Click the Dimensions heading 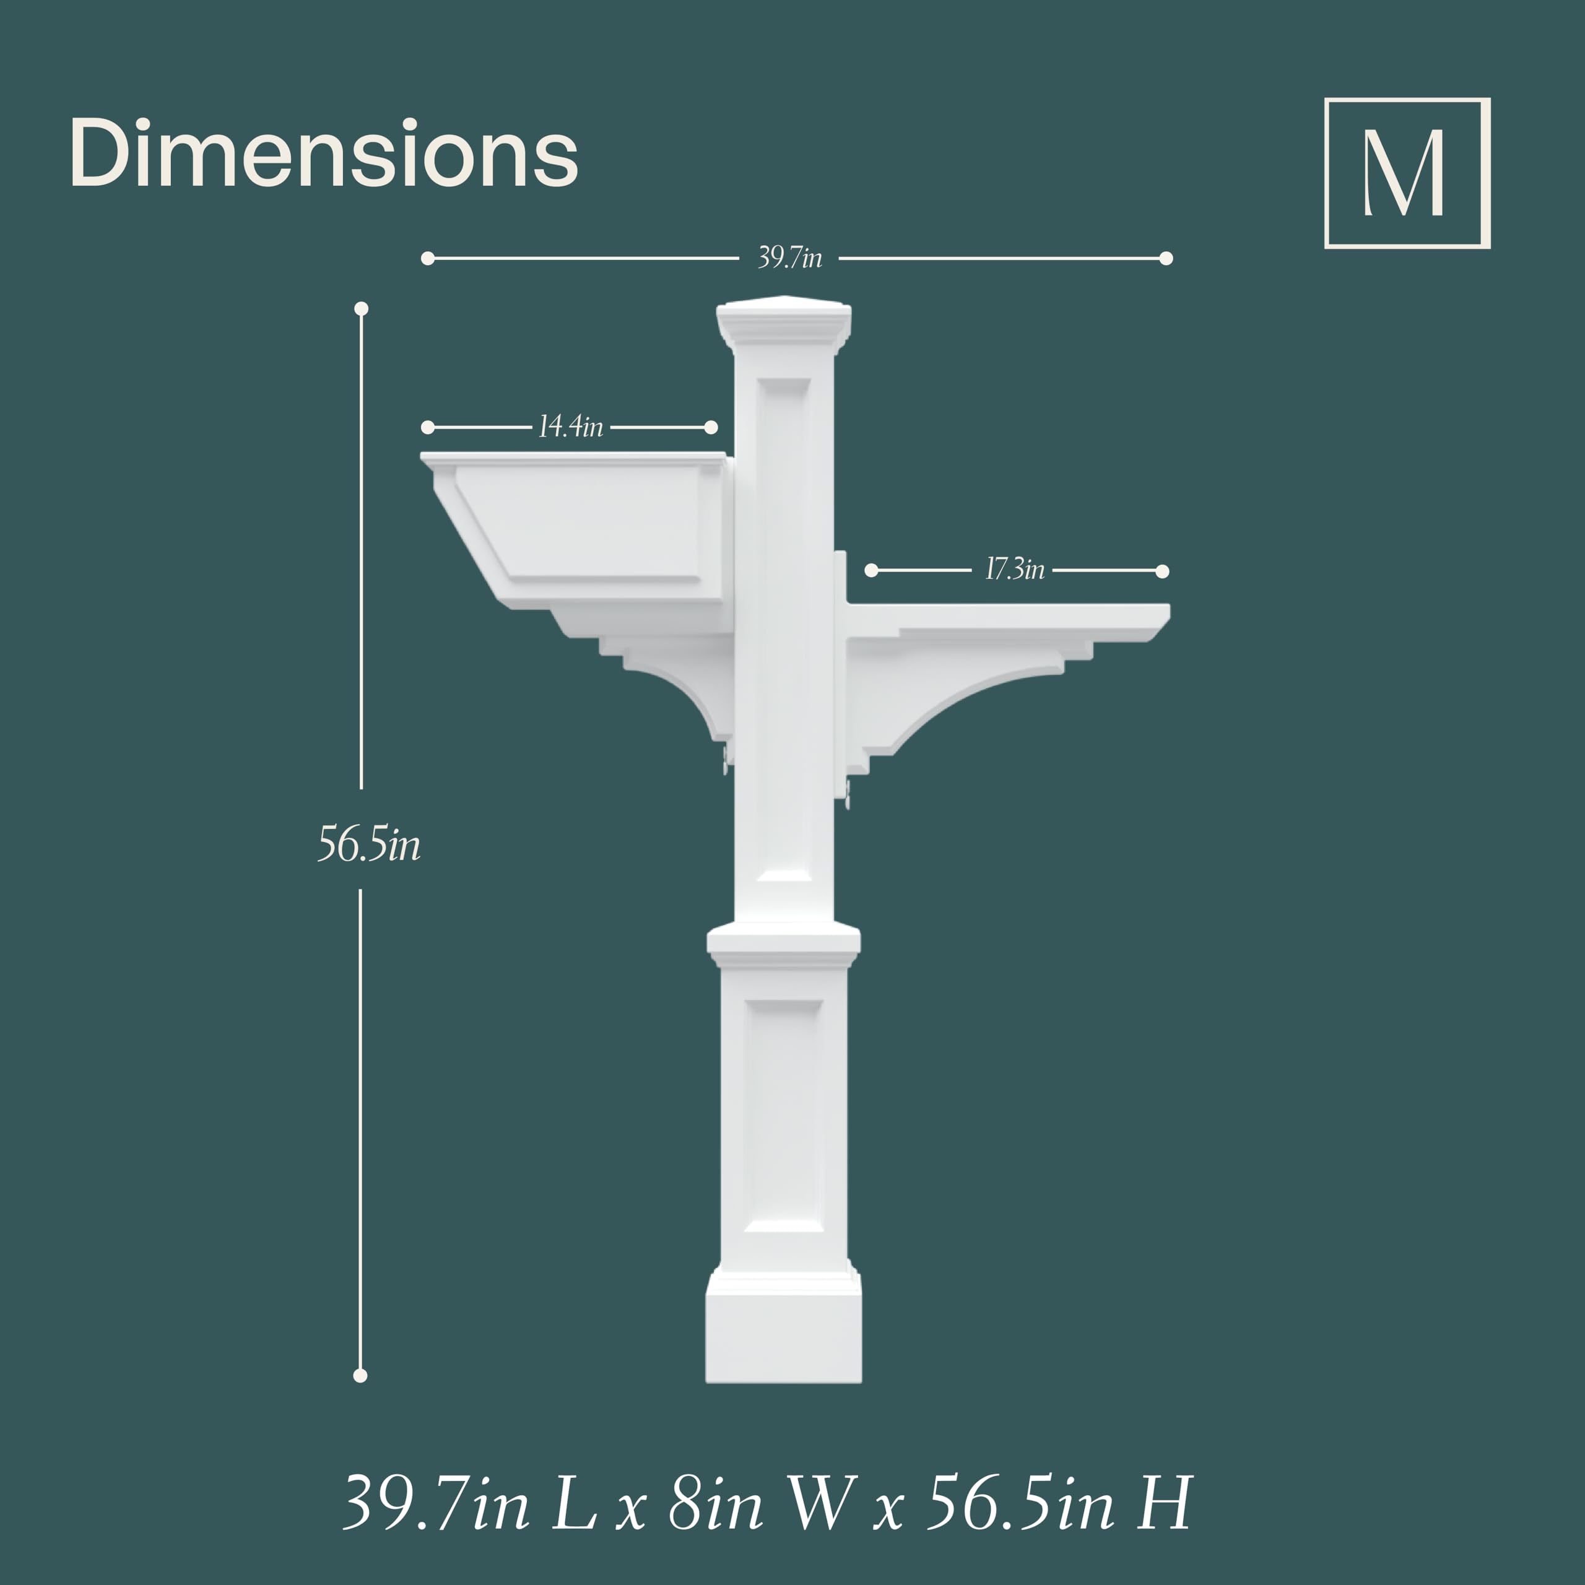click(324, 154)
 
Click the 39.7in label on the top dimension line click(789, 258)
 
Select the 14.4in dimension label click(570, 427)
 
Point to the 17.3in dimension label click(1014, 570)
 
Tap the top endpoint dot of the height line click(361, 308)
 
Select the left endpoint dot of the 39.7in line click(427, 258)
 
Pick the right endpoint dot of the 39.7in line click(1166, 258)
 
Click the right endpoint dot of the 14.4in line click(711, 427)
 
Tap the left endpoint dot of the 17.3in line click(871, 570)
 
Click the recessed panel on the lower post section click(783, 1116)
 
